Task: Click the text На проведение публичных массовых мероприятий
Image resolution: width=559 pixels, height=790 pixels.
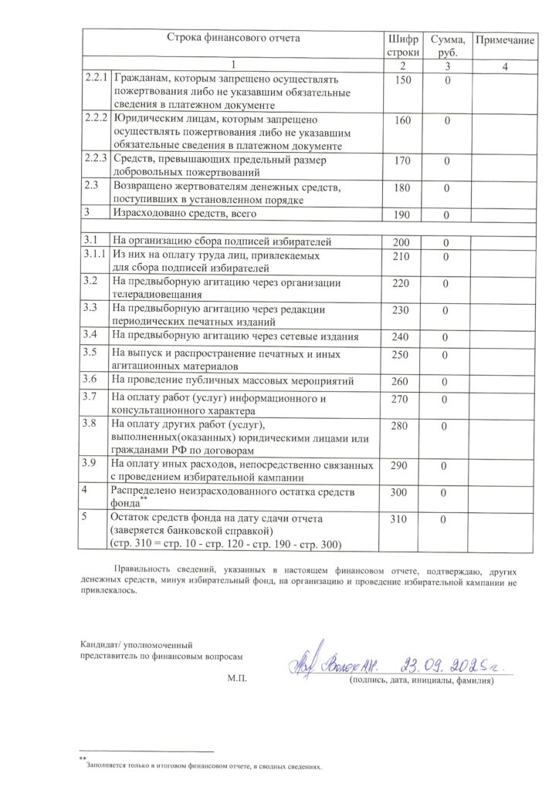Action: point(232,380)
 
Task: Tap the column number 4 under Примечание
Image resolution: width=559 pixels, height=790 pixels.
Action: point(504,67)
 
